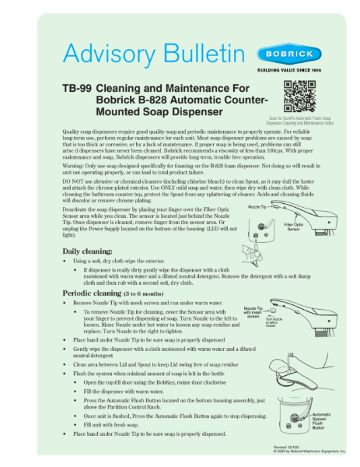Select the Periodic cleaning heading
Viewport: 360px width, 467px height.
(x=99, y=292)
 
